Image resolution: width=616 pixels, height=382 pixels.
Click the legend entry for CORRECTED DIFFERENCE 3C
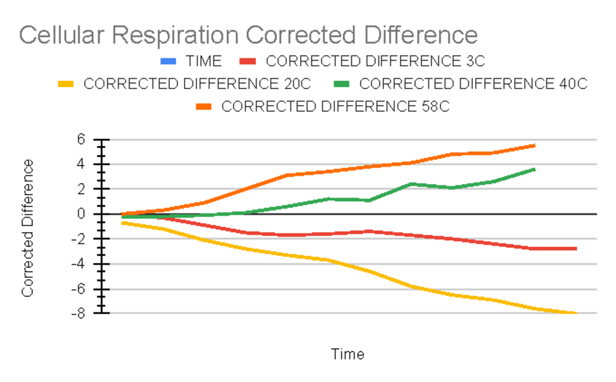point(375,62)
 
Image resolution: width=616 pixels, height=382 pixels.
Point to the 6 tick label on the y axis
point(80,139)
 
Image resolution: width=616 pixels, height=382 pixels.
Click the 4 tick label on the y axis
point(80,164)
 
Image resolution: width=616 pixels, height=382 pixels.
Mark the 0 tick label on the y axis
point(80,214)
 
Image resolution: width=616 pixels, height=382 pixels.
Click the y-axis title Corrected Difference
point(28,227)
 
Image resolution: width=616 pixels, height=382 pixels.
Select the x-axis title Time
point(348,354)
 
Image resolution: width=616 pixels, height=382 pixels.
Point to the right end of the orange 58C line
point(535,146)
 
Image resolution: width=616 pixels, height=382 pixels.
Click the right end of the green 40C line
point(535,169)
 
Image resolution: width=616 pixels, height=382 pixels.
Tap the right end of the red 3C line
point(576,249)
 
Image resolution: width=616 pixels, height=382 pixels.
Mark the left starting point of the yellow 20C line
point(123,223)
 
